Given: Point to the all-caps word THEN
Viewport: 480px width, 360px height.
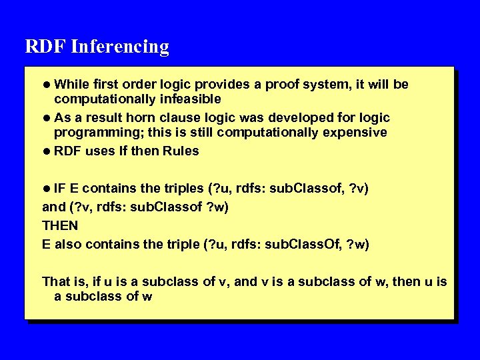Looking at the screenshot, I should [60, 225].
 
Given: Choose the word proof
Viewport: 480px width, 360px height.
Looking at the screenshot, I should [285, 85].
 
